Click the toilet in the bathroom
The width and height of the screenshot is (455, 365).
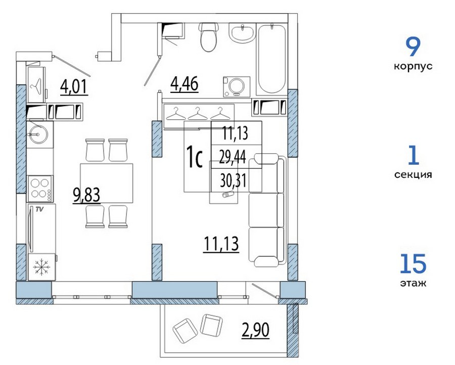208,37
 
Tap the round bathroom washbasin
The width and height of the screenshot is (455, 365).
242,33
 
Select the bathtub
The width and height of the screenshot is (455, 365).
271,59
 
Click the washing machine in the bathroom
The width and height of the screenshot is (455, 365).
237,86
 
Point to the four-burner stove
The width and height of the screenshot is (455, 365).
40,189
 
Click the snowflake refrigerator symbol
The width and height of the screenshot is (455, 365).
42,267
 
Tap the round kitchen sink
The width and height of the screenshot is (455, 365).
38,134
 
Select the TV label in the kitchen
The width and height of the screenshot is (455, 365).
39,209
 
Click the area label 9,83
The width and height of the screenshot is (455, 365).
86,195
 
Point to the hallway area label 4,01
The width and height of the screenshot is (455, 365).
74,87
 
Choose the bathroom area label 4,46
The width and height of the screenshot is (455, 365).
185,84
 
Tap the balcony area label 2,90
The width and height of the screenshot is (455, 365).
255,330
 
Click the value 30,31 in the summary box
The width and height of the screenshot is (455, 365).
233,181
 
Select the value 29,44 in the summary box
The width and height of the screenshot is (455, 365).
233,157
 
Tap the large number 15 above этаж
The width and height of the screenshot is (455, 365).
413,264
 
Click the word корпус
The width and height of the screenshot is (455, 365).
413,66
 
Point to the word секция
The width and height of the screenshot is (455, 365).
413,175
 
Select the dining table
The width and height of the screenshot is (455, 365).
107,183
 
